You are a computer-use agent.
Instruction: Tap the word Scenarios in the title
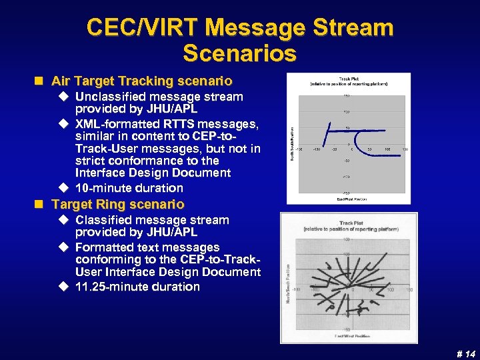[239, 52]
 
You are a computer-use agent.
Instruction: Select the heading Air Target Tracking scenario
[142, 81]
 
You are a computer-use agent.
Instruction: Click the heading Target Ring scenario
[118, 204]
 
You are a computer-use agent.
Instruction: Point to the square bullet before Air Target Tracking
[40, 81]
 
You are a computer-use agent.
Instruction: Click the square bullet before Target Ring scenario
[40, 204]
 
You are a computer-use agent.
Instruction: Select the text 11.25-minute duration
[137, 287]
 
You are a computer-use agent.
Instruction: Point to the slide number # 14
[466, 353]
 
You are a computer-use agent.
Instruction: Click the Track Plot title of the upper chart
[349, 79]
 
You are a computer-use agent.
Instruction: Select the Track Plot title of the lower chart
[351, 225]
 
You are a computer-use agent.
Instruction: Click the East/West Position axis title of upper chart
[347, 198]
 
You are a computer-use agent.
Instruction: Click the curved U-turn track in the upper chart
[331, 132]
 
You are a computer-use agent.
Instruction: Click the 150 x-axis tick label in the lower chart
[409, 290]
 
